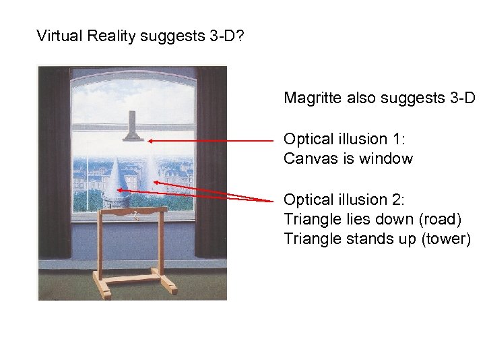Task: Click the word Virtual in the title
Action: [59, 35]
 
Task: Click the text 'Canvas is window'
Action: [348, 159]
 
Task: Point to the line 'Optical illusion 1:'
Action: [342, 139]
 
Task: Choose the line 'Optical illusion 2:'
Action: [342, 200]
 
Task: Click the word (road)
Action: [438, 219]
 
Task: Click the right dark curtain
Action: [210, 162]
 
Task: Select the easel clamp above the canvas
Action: [133, 125]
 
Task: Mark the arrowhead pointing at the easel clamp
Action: [152, 141]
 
